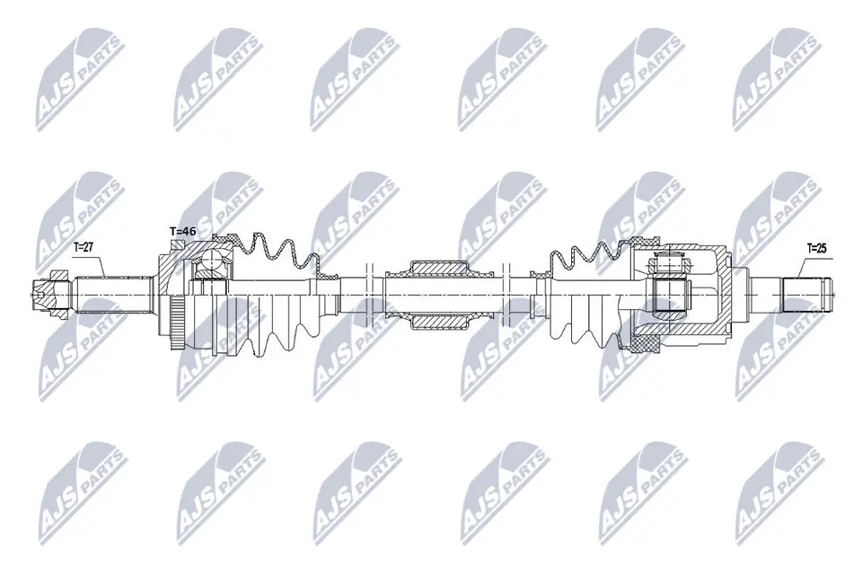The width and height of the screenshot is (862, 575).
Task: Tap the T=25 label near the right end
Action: pos(817,245)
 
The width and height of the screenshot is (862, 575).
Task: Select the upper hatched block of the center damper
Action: pos(439,269)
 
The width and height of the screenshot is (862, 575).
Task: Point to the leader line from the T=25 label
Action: pos(802,264)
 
